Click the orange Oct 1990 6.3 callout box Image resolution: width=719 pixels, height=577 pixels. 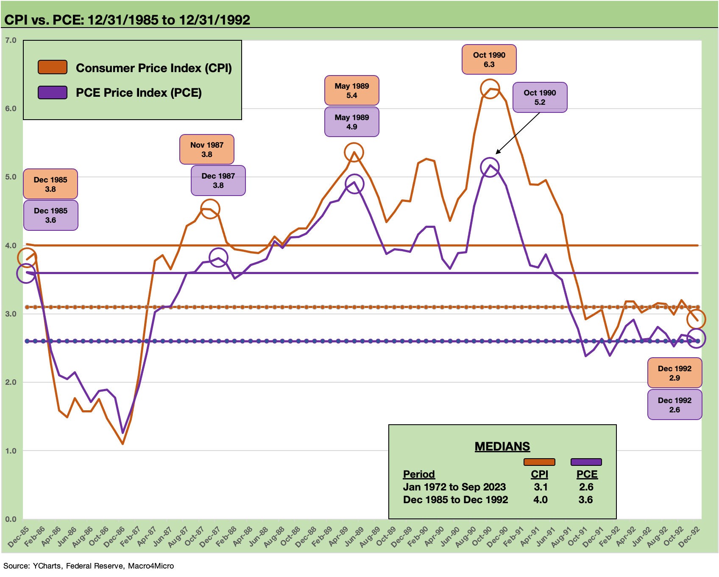click(489, 59)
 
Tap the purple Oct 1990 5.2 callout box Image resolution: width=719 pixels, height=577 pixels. click(539, 97)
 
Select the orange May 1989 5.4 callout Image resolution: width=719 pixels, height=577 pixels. click(351, 90)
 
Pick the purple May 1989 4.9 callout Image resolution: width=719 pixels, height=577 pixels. click(351, 122)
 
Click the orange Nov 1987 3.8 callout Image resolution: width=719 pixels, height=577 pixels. click(206, 149)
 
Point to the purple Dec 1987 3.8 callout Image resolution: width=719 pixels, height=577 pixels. click(218, 180)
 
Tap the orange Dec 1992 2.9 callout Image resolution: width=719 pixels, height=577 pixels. click(674, 373)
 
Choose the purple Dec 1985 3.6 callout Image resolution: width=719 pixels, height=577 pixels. click(50, 215)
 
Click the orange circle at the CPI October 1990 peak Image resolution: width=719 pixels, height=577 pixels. click(490, 89)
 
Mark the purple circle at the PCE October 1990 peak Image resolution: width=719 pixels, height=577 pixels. click(490, 168)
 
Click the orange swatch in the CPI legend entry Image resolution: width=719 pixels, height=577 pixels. click(53, 67)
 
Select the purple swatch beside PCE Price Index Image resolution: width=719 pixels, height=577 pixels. click(53, 92)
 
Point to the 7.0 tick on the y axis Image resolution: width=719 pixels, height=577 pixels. click(11, 40)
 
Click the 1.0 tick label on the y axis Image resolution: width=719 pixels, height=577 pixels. click(11, 451)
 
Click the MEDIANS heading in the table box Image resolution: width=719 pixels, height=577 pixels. click(502, 446)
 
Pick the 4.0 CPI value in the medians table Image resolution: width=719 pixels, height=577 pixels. click(540, 500)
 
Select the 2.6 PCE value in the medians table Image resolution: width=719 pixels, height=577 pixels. click(586, 487)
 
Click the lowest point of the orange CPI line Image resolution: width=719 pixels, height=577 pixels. click(123, 444)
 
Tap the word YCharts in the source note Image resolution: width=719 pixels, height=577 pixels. click(47, 566)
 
